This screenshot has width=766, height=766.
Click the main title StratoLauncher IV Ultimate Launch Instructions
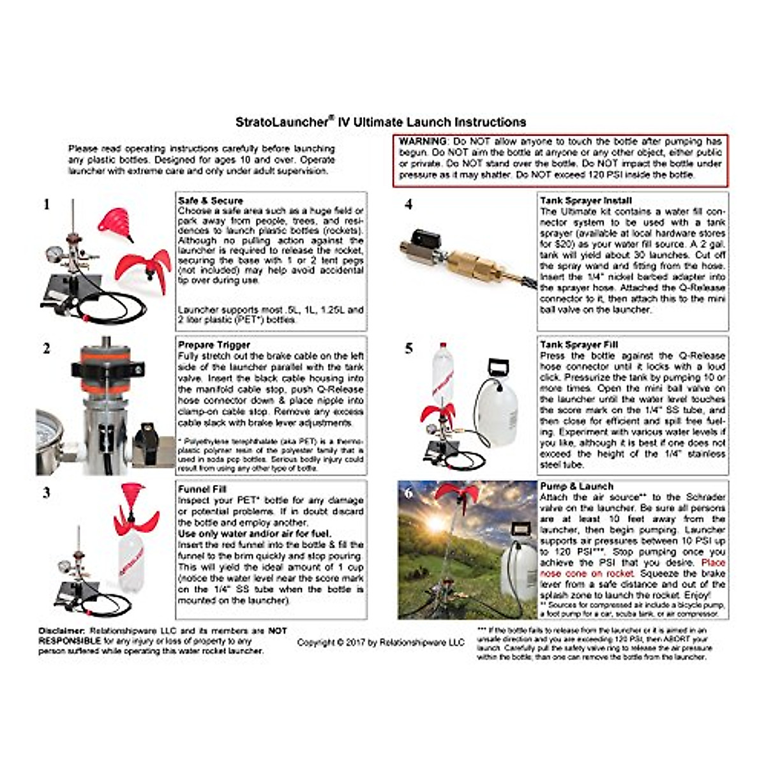(380, 122)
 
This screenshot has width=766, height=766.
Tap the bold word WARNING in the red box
(423, 141)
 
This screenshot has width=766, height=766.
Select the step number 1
(46, 205)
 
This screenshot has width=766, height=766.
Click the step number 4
(409, 205)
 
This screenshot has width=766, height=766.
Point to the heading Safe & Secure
(210, 200)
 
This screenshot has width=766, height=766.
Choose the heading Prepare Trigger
(214, 345)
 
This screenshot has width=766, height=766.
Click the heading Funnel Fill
(202, 489)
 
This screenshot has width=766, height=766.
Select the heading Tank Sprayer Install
(585, 200)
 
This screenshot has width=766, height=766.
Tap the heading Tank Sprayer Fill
(579, 345)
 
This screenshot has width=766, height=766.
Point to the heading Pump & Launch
(576, 486)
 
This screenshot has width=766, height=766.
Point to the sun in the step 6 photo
(435, 523)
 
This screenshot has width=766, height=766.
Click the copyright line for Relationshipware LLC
(380, 642)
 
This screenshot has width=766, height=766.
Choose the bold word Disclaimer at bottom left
(62, 631)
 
